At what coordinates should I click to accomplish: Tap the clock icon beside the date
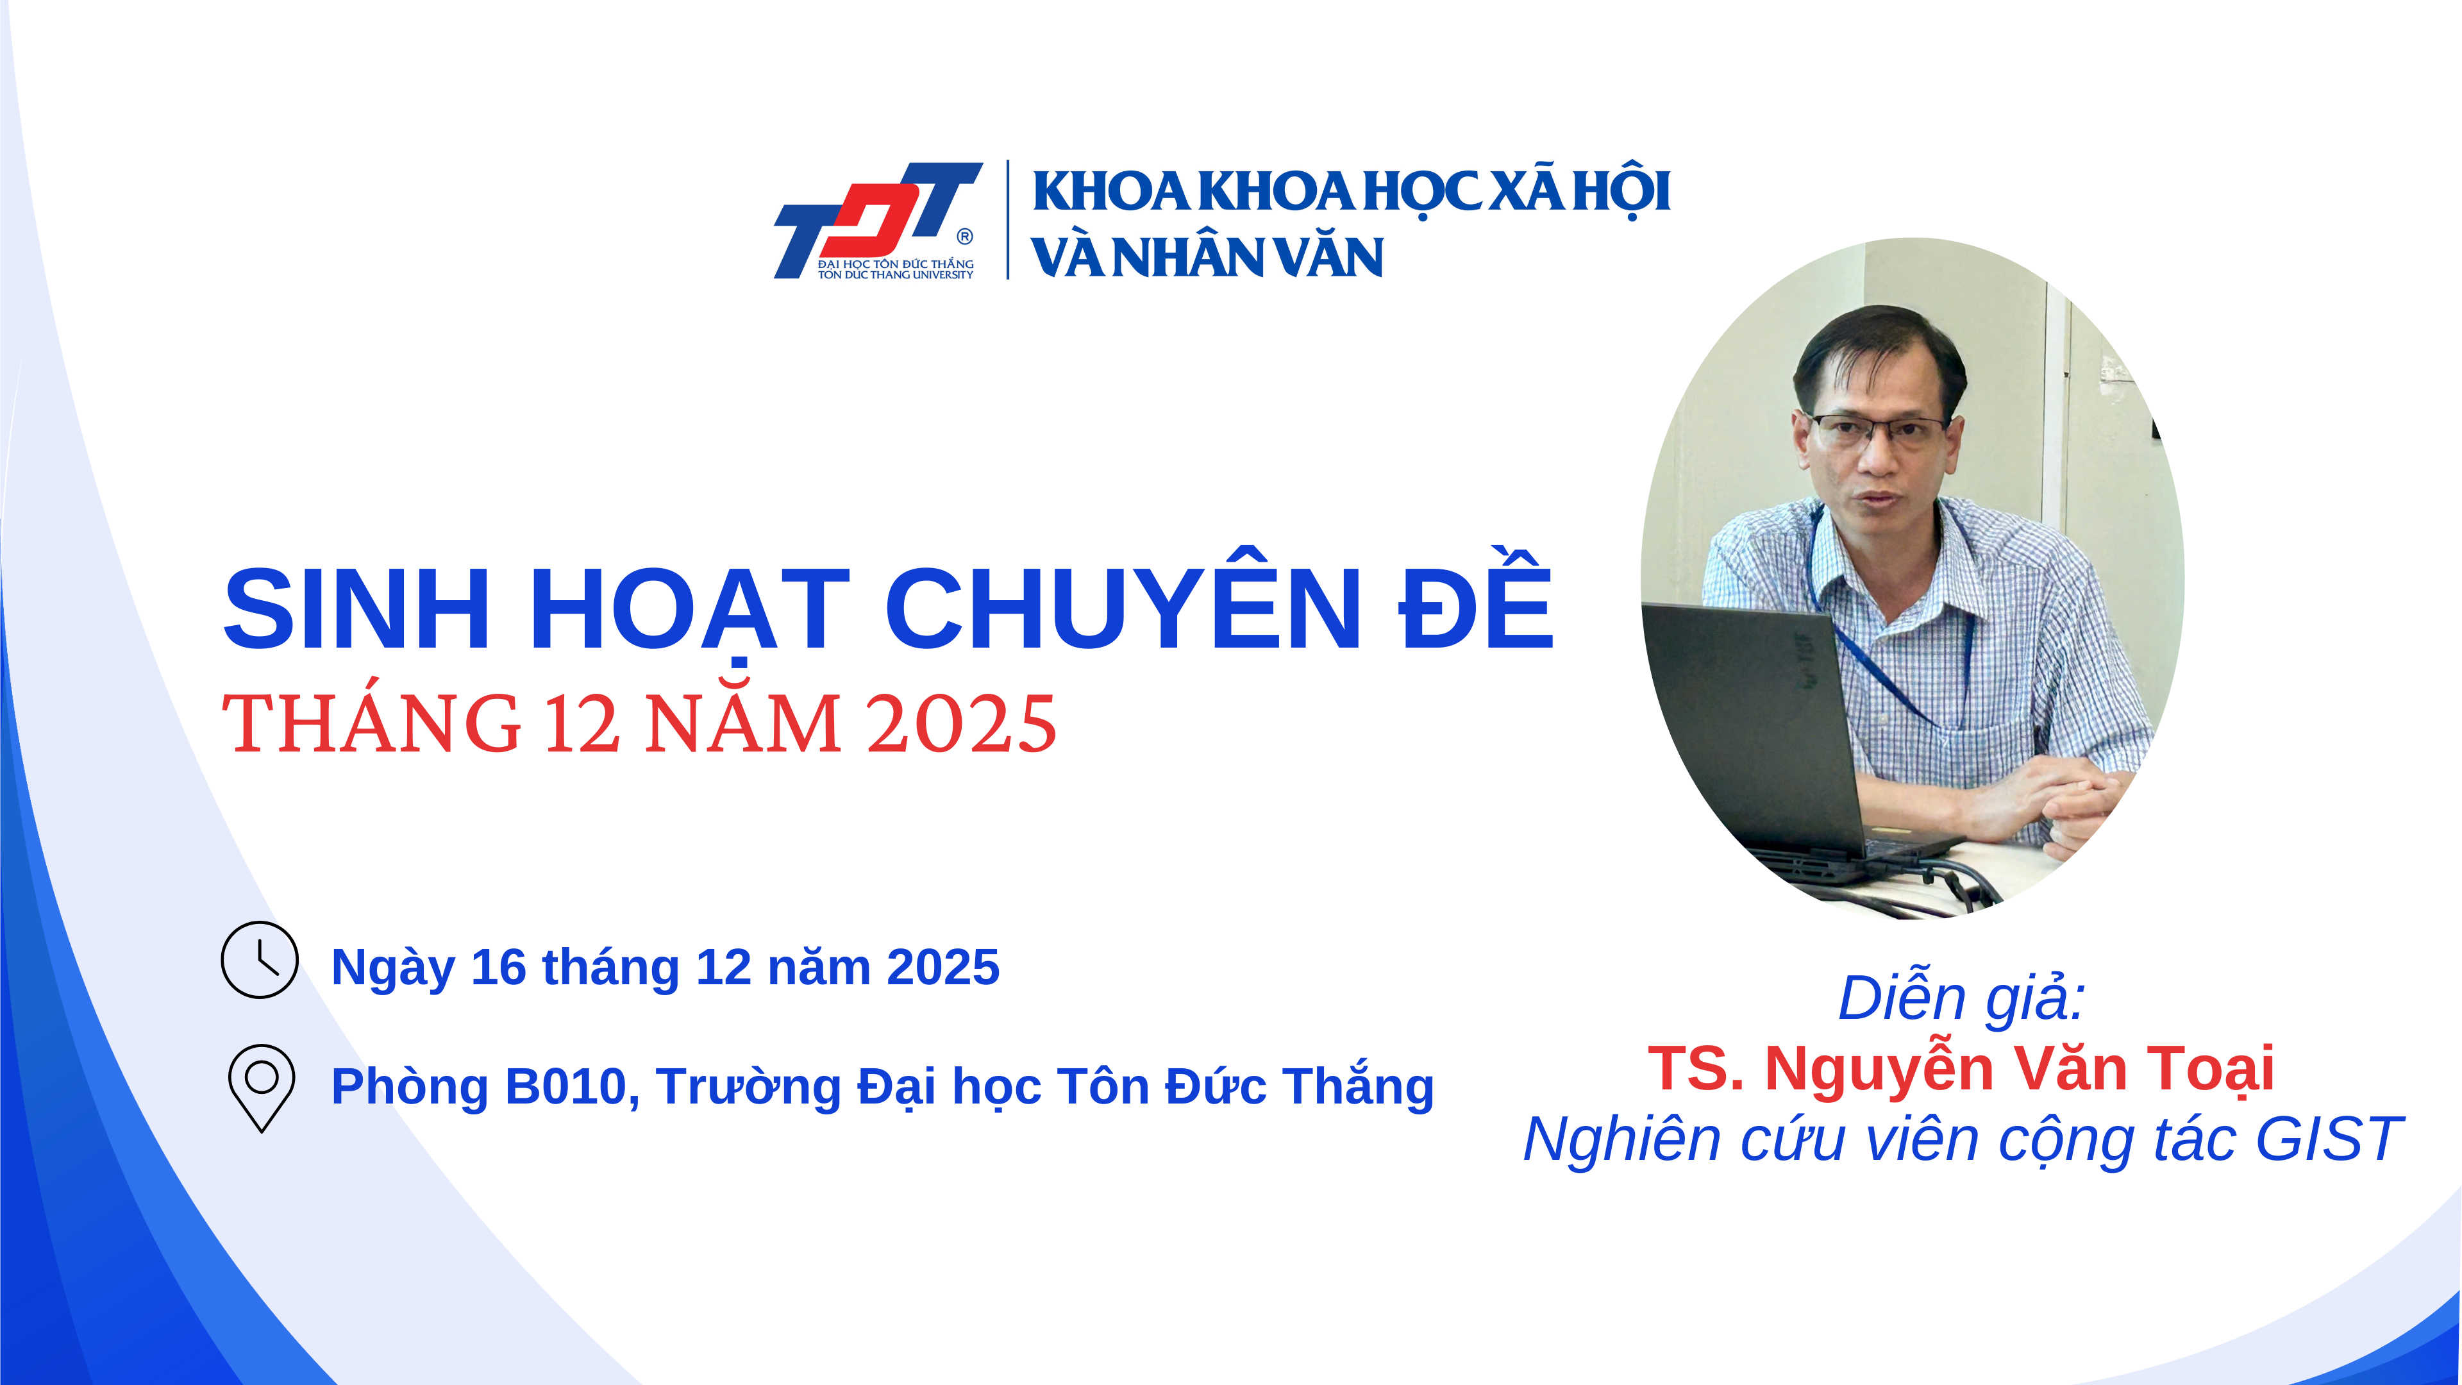(x=260, y=960)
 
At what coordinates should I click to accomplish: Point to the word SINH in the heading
(x=356, y=609)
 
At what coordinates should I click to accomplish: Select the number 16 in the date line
(x=498, y=968)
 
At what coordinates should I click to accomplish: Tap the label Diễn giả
(x=1961, y=997)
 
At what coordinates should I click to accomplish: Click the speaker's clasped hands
(x=2055, y=803)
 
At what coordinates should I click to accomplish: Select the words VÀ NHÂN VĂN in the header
(x=1207, y=257)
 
